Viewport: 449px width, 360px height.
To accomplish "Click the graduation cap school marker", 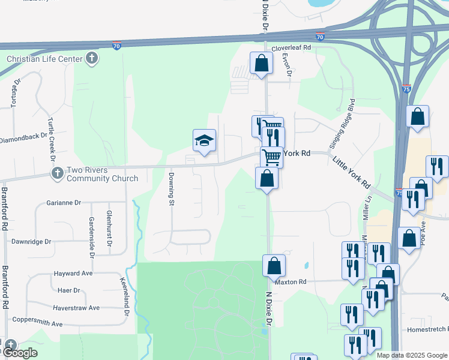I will point(204,141).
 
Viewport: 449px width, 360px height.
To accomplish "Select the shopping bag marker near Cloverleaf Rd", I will point(262,63).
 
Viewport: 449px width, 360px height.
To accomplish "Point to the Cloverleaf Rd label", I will point(291,47).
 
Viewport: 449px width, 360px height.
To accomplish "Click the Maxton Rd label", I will point(291,281).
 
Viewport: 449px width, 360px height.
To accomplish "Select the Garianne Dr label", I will point(63,203).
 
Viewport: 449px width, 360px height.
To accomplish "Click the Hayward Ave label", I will point(73,273).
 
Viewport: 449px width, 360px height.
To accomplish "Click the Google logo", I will point(19,353).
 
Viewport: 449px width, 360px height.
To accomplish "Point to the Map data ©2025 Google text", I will point(411,355).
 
